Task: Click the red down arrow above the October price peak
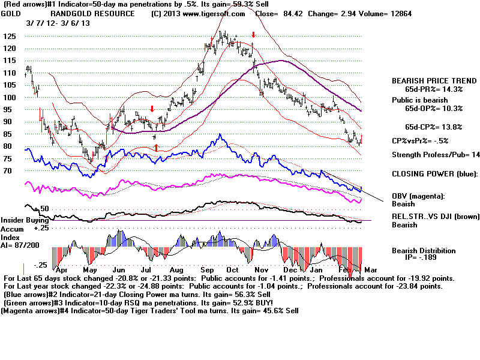(x=254, y=35)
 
